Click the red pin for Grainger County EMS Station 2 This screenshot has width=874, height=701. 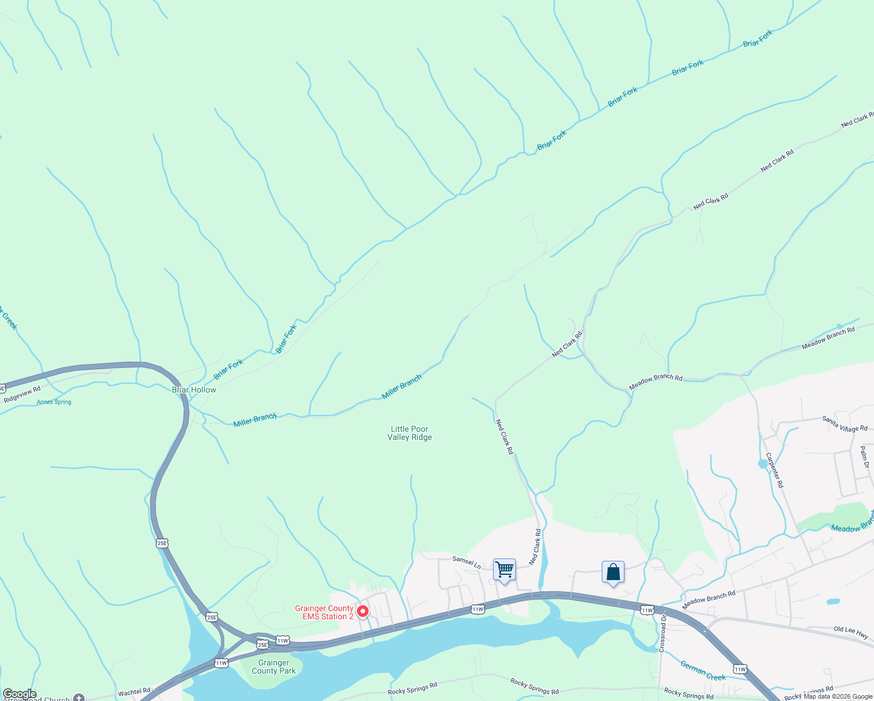362,612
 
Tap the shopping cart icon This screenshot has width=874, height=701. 504,569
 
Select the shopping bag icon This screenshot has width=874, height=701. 613,571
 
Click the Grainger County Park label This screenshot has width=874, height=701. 273,667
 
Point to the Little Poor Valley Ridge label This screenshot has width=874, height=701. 410,433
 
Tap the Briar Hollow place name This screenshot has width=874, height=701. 194,390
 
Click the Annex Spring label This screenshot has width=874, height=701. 54,402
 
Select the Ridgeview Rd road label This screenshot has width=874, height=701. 22,395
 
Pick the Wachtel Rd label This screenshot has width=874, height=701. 134,692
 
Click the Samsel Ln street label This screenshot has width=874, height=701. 466,562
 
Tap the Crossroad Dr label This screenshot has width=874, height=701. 663,633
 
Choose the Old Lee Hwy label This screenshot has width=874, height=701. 851,632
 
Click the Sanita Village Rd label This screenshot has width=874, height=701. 844,424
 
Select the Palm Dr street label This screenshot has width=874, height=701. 864,457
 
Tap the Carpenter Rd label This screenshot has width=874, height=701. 774,470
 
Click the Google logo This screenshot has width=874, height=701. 19,694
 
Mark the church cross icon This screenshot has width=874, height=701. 79,697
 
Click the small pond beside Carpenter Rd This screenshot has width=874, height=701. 762,464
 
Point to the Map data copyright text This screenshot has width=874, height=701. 838,696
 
